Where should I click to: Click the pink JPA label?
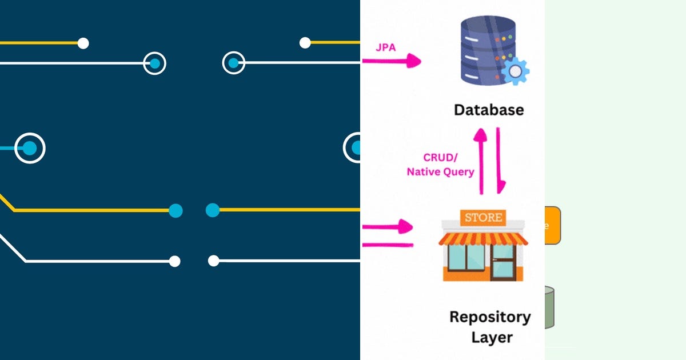pos(385,47)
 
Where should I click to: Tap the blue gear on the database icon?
pos(515,71)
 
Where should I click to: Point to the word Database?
pos(488,109)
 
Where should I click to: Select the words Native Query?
pos(440,171)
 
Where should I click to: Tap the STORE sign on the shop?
pos(484,218)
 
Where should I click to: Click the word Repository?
pos(489,317)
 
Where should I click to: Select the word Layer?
pos(492,337)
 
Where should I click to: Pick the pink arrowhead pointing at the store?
pos(406,226)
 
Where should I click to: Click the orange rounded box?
pos(552,226)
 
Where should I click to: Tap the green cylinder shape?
pos(549,307)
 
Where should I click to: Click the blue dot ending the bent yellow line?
pos(176,210)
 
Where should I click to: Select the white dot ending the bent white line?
pos(175,261)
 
